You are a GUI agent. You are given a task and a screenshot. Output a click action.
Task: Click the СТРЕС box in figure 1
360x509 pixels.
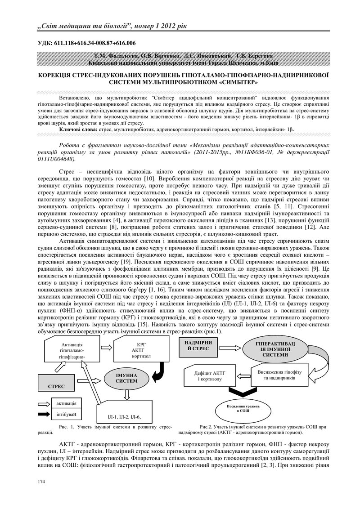(57, 386)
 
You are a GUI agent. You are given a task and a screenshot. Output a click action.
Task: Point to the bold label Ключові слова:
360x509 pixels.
(78, 129)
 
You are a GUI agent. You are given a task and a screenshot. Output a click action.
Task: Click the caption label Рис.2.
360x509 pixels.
(206, 426)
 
